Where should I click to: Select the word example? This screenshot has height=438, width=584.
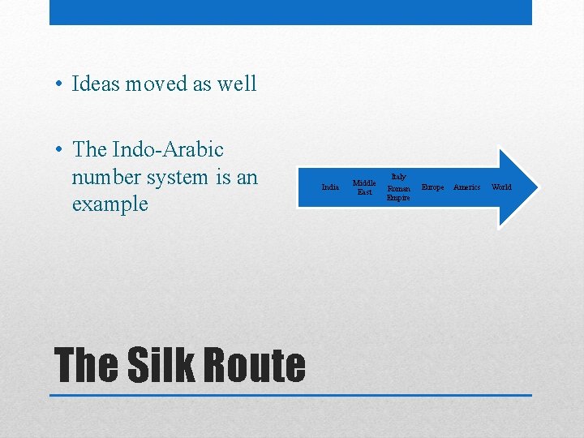click(109, 204)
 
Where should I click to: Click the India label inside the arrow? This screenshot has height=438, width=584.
click(330, 187)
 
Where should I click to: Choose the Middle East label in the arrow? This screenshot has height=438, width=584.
click(364, 187)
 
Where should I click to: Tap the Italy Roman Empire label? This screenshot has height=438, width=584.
click(398, 187)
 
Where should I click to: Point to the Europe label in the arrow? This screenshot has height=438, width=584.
click(432, 187)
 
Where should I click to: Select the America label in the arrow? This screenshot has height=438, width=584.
click(466, 187)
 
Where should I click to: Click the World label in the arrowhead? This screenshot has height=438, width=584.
click(501, 187)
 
